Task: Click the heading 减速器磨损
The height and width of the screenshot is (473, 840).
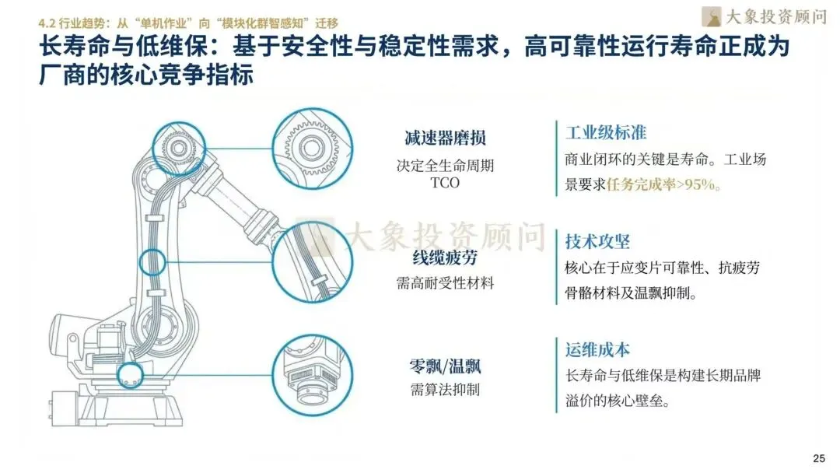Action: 445,138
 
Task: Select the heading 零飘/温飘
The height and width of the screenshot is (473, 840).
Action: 445,366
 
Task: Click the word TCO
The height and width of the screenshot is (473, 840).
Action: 445,184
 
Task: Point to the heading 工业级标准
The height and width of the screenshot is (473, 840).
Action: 606,132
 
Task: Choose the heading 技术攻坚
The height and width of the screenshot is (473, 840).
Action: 597,241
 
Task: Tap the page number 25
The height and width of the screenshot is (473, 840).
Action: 818,457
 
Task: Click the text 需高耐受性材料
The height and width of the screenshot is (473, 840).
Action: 445,283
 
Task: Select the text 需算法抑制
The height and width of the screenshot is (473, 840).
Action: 445,389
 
